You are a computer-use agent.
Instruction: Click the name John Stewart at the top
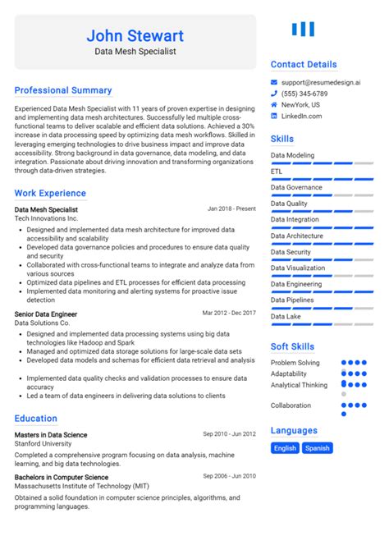[x=135, y=35]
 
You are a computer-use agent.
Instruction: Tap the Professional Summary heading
[x=63, y=90]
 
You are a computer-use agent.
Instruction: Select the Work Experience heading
[x=50, y=194]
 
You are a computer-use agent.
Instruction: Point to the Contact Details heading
[x=304, y=64]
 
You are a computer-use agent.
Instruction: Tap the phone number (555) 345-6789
[x=304, y=94]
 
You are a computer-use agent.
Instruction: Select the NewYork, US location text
[x=300, y=105]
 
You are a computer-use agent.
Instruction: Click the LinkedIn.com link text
[x=301, y=117]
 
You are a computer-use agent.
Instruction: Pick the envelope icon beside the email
[x=275, y=82]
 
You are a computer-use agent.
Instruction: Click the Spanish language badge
[x=317, y=448]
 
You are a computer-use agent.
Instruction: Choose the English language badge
[x=285, y=448]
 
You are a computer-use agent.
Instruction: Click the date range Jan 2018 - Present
[x=231, y=208]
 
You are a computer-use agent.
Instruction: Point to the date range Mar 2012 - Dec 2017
[x=229, y=313]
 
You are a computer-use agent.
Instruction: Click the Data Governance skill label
[x=296, y=187]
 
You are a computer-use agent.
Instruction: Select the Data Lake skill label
[x=286, y=316]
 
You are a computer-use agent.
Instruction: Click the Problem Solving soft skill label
[x=295, y=362]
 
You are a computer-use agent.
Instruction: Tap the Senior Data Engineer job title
[x=46, y=314]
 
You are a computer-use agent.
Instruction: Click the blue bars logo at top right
[x=303, y=30]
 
